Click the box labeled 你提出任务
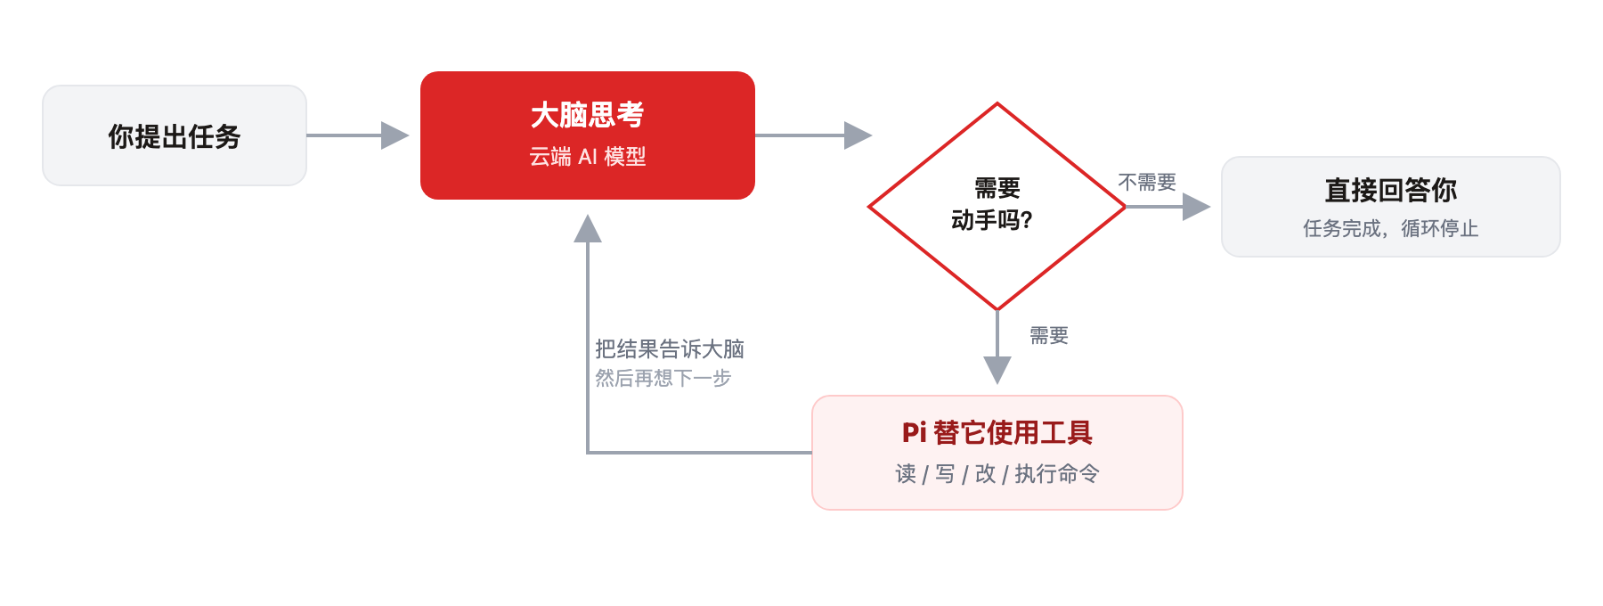tap(175, 135)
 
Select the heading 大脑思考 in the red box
tap(587, 115)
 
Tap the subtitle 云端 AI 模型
tap(587, 157)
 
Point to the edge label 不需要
tap(1147, 183)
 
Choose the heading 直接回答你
tap(1390, 190)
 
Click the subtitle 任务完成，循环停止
tap(1390, 229)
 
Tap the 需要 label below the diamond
tap(1049, 336)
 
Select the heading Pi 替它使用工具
tap(997, 433)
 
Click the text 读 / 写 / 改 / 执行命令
tap(997, 474)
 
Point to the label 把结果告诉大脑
tap(670, 349)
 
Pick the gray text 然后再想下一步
tap(663, 379)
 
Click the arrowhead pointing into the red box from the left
tap(395, 135)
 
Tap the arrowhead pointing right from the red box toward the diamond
tap(858, 135)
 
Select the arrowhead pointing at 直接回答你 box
tap(1196, 207)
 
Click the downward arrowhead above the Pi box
tap(997, 370)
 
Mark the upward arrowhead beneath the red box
tap(588, 229)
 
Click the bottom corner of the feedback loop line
tap(588, 453)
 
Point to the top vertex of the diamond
tap(997, 103)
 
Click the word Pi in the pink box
tap(915, 433)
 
